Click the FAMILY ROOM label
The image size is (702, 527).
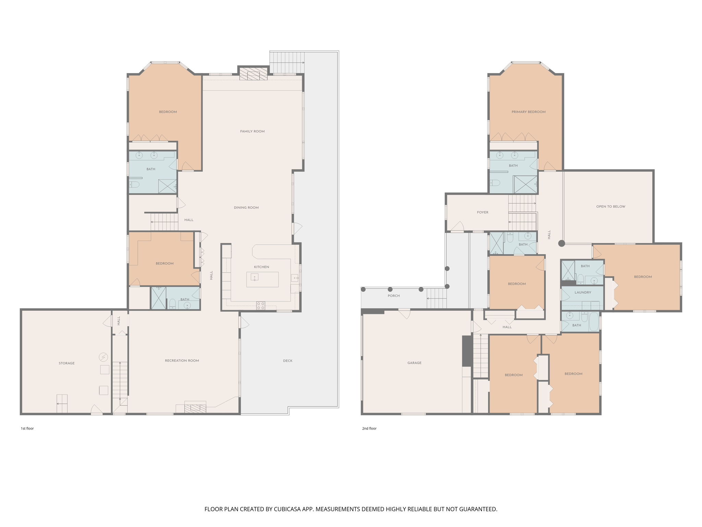coord(252,131)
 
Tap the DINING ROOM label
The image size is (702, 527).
coord(246,208)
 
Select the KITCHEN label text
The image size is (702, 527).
coord(261,267)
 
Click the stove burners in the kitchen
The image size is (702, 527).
coord(261,305)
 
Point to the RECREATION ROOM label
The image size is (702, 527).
coord(182,361)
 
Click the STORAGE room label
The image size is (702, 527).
coord(66,363)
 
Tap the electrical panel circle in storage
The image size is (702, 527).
coord(103,357)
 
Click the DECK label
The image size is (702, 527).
coord(288,361)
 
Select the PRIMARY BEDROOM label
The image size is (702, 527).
coord(528,112)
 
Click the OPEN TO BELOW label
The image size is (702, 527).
coord(610,207)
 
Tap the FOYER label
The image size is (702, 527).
coord(482,212)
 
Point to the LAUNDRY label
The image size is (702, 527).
coord(583,293)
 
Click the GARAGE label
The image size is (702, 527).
coord(414,363)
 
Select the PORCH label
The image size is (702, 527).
coord(394,296)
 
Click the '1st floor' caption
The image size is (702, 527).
coord(27,429)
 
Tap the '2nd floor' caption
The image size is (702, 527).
coord(369,429)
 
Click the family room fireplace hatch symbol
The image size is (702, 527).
coord(253,74)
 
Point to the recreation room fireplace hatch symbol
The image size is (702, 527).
coord(195,408)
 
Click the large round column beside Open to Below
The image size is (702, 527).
coord(561,243)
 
